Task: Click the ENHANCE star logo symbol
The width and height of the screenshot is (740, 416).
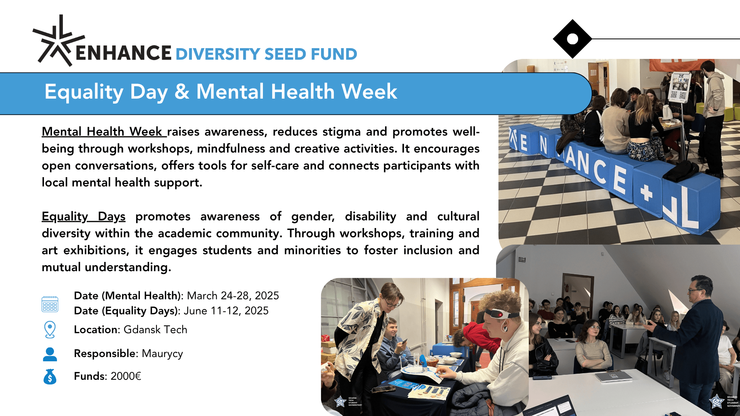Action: [x=58, y=40]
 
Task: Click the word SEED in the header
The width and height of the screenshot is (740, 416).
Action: [x=285, y=54]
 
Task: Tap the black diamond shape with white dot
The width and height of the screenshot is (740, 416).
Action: [x=572, y=39]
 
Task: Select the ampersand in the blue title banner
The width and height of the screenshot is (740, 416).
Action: [x=182, y=92]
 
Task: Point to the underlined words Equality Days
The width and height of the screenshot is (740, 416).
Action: [x=84, y=216]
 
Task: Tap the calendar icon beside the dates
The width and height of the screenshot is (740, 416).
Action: [x=50, y=304]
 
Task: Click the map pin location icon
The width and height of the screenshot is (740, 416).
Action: [x=50, y=330]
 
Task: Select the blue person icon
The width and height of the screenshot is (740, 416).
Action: [x=50, y=354]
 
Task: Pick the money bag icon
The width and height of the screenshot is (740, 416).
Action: [x=50, y=377]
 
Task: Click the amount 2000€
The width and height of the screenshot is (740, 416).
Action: [x=126, y=376]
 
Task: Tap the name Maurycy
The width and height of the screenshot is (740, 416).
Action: [x=162, y=354]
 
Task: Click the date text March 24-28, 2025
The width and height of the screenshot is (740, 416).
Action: [x=233, y=296]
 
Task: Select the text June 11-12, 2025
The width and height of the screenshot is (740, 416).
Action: [x=226, y=311]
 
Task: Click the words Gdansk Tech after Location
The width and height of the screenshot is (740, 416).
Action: [x=155, y=330]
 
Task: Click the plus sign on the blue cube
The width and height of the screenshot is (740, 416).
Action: [x=646, y=192]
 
